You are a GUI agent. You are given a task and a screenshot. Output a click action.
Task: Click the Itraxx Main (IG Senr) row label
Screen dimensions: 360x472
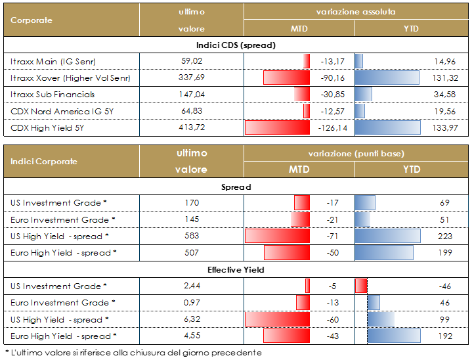pos(54,62)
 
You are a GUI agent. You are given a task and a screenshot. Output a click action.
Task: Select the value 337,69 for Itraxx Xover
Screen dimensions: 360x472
pos(191,78)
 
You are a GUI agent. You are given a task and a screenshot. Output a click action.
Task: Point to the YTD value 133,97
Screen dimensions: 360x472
pos(443,127)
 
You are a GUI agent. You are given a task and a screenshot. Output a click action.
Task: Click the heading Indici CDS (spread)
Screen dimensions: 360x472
pos(236,45)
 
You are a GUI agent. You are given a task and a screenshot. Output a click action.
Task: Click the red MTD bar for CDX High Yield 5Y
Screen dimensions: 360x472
pos(276,127)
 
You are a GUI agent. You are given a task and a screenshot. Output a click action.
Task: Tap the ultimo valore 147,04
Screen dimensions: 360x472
pos(191,95)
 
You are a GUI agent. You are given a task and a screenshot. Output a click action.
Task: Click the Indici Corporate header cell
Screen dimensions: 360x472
pos(44,161)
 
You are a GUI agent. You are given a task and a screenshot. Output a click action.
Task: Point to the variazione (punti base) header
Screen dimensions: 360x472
pos(355,153)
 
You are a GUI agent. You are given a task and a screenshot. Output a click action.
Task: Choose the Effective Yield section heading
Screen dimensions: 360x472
pos(236,269)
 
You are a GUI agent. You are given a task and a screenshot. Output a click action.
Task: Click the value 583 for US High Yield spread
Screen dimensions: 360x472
pos(191,236)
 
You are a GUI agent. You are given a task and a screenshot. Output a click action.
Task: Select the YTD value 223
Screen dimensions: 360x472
pos(443,236)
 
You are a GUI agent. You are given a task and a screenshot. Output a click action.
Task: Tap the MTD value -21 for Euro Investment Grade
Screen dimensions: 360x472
pos(332,220)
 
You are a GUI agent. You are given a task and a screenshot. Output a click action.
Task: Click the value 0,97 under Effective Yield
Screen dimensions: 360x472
pos(191,303)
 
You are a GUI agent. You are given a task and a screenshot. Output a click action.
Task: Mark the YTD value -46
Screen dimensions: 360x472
pos(443,286)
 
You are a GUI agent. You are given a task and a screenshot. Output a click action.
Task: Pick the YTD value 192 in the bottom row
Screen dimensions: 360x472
pos(443,336)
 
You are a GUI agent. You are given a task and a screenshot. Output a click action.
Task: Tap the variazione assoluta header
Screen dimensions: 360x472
pos(355,12)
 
